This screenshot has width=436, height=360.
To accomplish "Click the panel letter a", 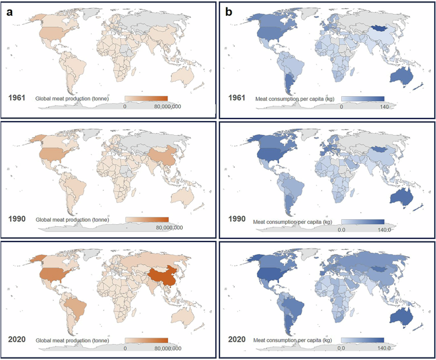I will [x=10, y=11].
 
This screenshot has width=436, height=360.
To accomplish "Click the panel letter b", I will [x=229, y=11].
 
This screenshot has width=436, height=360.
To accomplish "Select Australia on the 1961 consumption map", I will [x=401, y=73].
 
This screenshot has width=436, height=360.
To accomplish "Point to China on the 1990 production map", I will [x=164, y=157].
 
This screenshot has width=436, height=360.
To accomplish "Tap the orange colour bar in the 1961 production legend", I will [x=146, y=98].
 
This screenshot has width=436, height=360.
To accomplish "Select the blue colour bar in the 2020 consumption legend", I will [x=362, y=340].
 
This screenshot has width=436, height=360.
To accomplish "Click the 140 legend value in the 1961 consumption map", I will [x=384, y=107].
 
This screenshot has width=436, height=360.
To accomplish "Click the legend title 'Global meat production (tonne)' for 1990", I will [x=76, y=220].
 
